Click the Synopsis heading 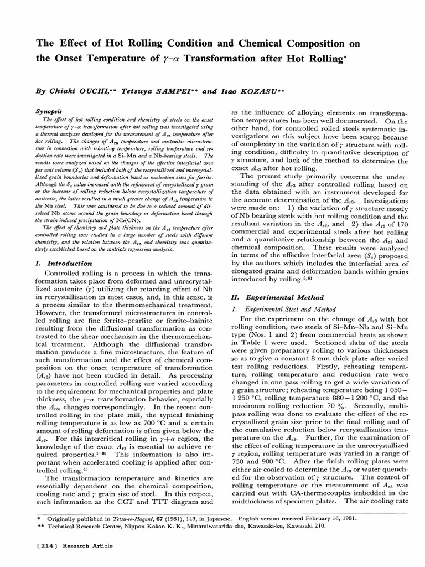49,111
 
